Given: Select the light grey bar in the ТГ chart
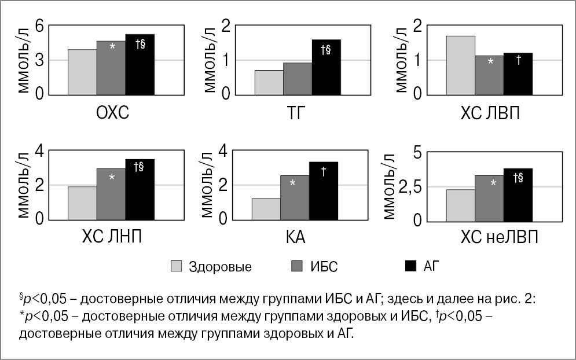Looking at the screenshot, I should pos(269,82).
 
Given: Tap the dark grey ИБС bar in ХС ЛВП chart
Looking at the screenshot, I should pos(490,75).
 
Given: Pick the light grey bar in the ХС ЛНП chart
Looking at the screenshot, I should pos(82,203).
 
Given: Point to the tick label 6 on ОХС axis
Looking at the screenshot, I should pos(39,26).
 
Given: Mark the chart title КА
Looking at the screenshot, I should pos(295,238).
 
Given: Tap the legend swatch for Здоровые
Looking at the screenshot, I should pos(177,266).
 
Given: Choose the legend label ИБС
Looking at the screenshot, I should pos(324,267).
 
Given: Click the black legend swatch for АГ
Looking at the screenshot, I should pos(410,266).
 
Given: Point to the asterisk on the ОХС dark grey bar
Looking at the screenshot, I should pos(112,46).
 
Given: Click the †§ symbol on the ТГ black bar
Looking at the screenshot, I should pos(325,49).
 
